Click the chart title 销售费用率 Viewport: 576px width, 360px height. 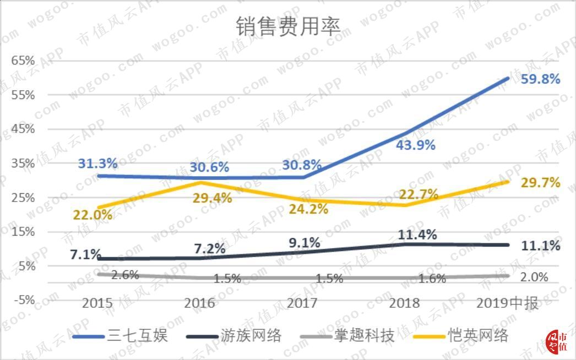coord(288,26)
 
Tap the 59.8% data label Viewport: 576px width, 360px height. coord(540,79)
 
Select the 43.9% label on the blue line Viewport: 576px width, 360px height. coord(416,145)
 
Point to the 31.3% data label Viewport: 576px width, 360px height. coord(97,163)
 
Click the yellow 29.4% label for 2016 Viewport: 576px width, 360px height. coord(212,198)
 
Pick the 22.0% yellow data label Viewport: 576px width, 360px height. coord(93,215)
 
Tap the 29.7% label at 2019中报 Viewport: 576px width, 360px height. coord(540,183)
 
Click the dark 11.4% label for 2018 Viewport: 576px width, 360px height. coord(417,235)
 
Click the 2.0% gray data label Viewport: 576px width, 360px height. coord(534,277)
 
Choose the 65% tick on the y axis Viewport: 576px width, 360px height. coord(24,61)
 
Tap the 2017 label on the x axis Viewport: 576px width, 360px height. coord(302,303)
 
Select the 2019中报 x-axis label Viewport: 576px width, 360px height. coord(508,303)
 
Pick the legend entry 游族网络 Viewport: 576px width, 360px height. coord(251,335)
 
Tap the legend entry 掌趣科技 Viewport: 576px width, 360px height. coord(364,335)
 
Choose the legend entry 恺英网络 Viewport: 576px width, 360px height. coord(477,335)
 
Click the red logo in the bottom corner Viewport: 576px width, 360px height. coord(558,342)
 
